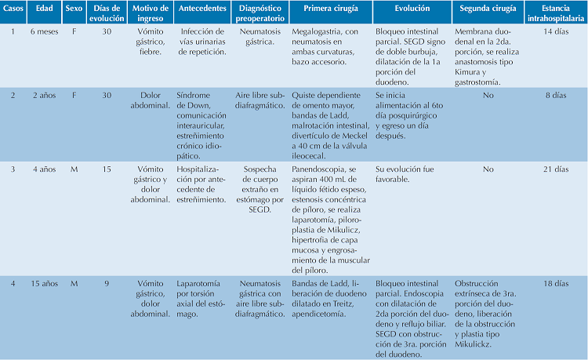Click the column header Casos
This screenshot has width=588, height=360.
pos(13,13)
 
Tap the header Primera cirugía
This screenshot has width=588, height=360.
pos(328,13)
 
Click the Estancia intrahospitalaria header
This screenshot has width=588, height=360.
pos(555,13)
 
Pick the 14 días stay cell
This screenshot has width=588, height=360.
pos(555,31)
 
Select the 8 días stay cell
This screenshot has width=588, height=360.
pos(555,95)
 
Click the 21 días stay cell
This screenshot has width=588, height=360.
pos(555,169)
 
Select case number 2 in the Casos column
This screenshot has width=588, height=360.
pos(13,95)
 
